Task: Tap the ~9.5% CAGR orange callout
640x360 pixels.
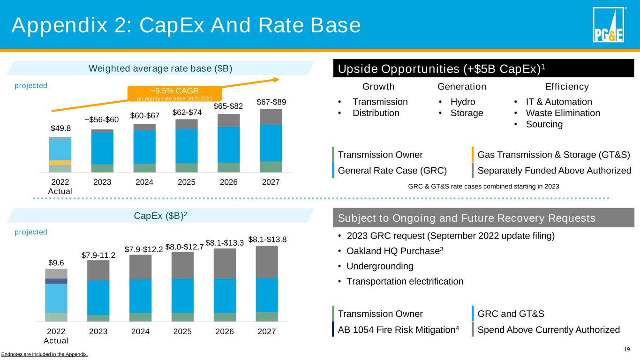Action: point(174,93)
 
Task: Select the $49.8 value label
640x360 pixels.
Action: point(60,128)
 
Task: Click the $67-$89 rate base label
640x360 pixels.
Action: point(271,102)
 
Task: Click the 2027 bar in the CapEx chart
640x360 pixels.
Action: point(267,284)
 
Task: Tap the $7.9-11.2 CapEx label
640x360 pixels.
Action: point(98,255)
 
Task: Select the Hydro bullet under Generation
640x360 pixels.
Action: point(463,102)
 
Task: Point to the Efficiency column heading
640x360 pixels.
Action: point(567,87)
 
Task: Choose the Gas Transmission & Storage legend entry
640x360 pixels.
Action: point(553,155)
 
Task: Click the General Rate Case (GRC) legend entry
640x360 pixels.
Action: point(392,170)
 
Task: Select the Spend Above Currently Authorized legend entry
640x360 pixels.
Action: point(548,330)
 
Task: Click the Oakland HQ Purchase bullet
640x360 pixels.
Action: point(394,251)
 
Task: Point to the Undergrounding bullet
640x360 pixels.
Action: point(380,266)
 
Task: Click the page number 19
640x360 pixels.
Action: point(627,349)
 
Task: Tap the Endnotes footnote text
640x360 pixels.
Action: point(44,354)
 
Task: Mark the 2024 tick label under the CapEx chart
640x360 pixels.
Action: point(140,331)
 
